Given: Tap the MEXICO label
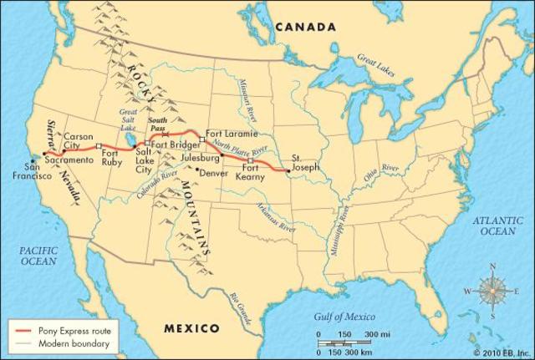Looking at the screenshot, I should [x=192, y=327].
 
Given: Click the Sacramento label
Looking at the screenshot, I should [x=69, y=159].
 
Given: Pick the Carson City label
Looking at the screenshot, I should [x=79, y=139].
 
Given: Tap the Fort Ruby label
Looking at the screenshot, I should [x=112, y=158].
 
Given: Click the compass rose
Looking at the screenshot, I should [x=492, y=292].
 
